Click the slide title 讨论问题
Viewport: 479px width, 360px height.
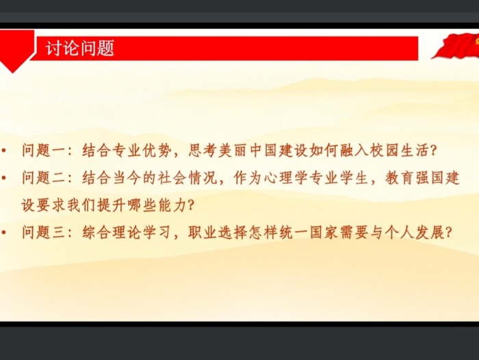(x=80, y=48)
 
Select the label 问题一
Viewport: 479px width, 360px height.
(x=44, y=150)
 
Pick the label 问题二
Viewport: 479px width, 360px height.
(x=44, y=177)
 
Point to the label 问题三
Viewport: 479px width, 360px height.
(x=44, y=233)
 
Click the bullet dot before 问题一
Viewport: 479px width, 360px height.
(x=4, y=151)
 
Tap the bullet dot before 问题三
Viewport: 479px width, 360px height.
(x=4, y=233)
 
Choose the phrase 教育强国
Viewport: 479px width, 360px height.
(x=414, y=177)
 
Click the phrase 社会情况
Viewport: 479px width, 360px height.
(x=187, y=177)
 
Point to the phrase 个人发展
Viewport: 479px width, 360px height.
(x=414, y=233)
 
